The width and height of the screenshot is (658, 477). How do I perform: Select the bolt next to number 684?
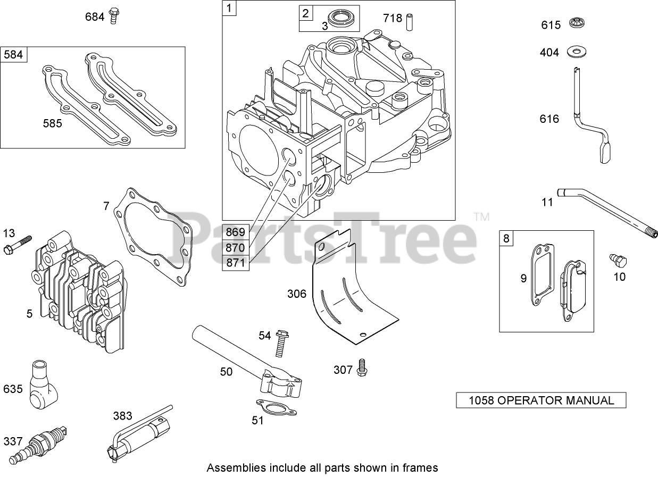pos(113,16)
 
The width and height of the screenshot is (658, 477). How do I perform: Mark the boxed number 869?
pos(235,232)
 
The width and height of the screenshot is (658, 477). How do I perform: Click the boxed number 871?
pos(235,263)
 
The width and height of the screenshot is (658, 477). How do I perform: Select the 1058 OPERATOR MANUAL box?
pos(540,400)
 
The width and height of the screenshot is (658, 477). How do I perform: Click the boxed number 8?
pos(506,238)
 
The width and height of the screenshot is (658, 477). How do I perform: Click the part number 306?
pos(297,293)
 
